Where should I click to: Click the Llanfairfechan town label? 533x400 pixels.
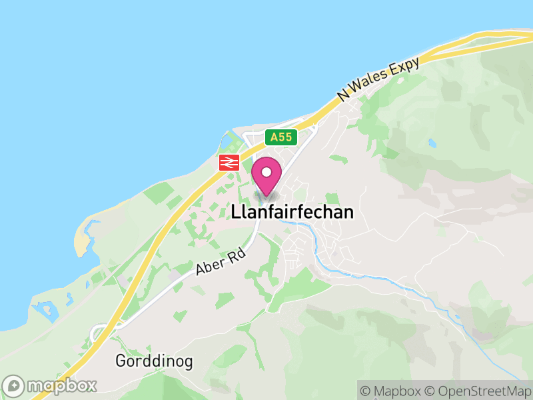point(292,213)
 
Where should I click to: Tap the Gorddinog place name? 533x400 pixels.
point(154,362)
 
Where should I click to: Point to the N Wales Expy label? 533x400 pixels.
point(378,79)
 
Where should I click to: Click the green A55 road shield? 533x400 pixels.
point(280,137)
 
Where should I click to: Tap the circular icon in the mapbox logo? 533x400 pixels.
point(14,385)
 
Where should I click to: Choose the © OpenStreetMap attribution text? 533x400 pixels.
point(480,391)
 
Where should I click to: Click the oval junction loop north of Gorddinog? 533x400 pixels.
point(102,331)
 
